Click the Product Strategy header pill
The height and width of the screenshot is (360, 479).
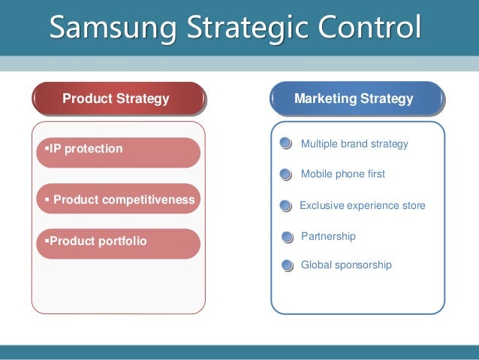pyautogui.click(x=118, y=98)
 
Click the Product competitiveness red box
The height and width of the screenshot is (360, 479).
pyautogui.click(x=118, y=199)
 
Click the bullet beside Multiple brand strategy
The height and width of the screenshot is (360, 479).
pyautogui.click(x=285, y=144)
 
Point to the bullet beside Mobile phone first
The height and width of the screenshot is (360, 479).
pyautogui.click(x=285, y=174)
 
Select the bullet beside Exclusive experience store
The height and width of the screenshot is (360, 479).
pyautogui.click(x=285, y=206)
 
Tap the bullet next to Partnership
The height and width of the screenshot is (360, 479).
pyautogui.click(x=287, y=237)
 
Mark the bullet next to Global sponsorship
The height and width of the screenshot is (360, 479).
pyautogui.click(x=286, y=265)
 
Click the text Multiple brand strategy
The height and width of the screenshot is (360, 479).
pyautogui.click(x=354, y=144)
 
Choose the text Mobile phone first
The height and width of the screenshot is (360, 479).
pyautogui.click(x=342, y=174)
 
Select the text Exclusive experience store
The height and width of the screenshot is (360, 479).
pyautogui.click(x=362, y=205)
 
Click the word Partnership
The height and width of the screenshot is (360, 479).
pyautogui.click(x=328, y=237)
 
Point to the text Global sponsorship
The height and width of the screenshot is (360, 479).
pyautogui.click(x=346, y=265)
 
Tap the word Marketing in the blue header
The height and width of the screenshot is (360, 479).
pyautogui.click(x=324, y=98)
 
